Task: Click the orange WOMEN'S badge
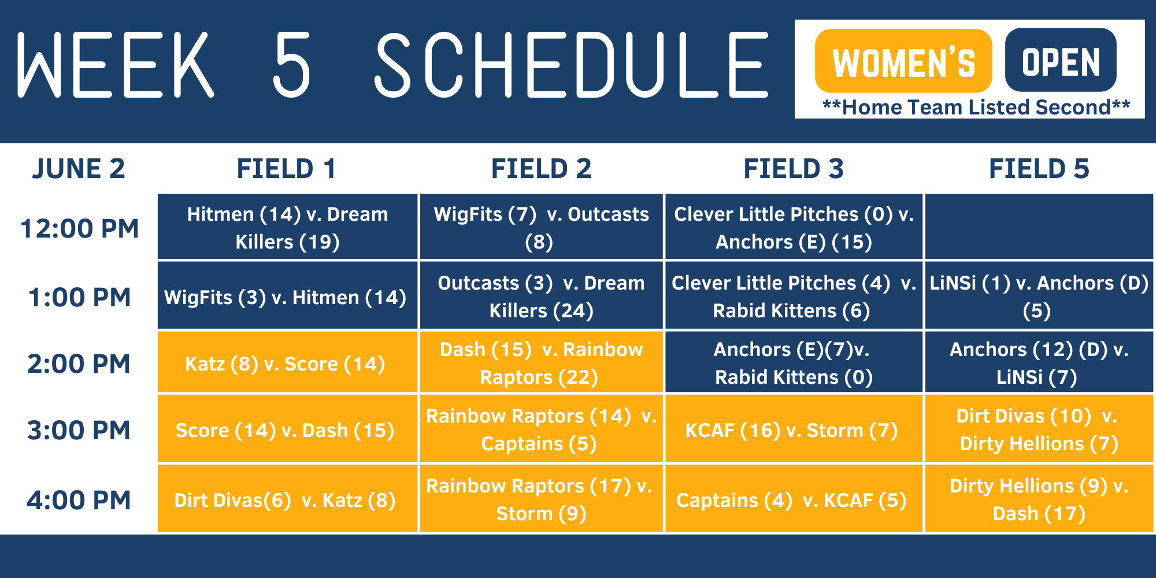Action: click(x=903, y=61)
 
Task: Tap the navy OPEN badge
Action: click(x=1061, y=61)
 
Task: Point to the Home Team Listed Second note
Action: click(x=976, y=108)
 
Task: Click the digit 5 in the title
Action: click(x=292, y=65)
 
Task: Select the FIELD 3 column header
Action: click(x=794, y=169)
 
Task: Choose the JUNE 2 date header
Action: click(x=79, y=169)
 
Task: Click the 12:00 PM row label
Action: click(x=79, y=228)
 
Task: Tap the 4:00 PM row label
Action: click(x=79, y=500)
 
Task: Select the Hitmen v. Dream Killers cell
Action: click(x=287, y=227)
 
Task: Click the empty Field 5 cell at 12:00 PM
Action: click(x=1039, y=227)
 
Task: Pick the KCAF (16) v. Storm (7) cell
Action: click(x=792, y=429)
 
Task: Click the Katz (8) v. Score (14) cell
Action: click(x=286, y=363)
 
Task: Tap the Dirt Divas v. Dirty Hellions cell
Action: click(x=1039, y=429)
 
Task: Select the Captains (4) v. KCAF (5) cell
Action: click(x=792, y=499)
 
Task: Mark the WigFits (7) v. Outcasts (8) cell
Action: click(x=541, y=227)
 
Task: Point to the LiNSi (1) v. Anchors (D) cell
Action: click(x=1039, y=296)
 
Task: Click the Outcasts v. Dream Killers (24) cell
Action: click(x=541, y=296)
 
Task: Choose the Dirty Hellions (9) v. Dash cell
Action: click(x=1039, y=499)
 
